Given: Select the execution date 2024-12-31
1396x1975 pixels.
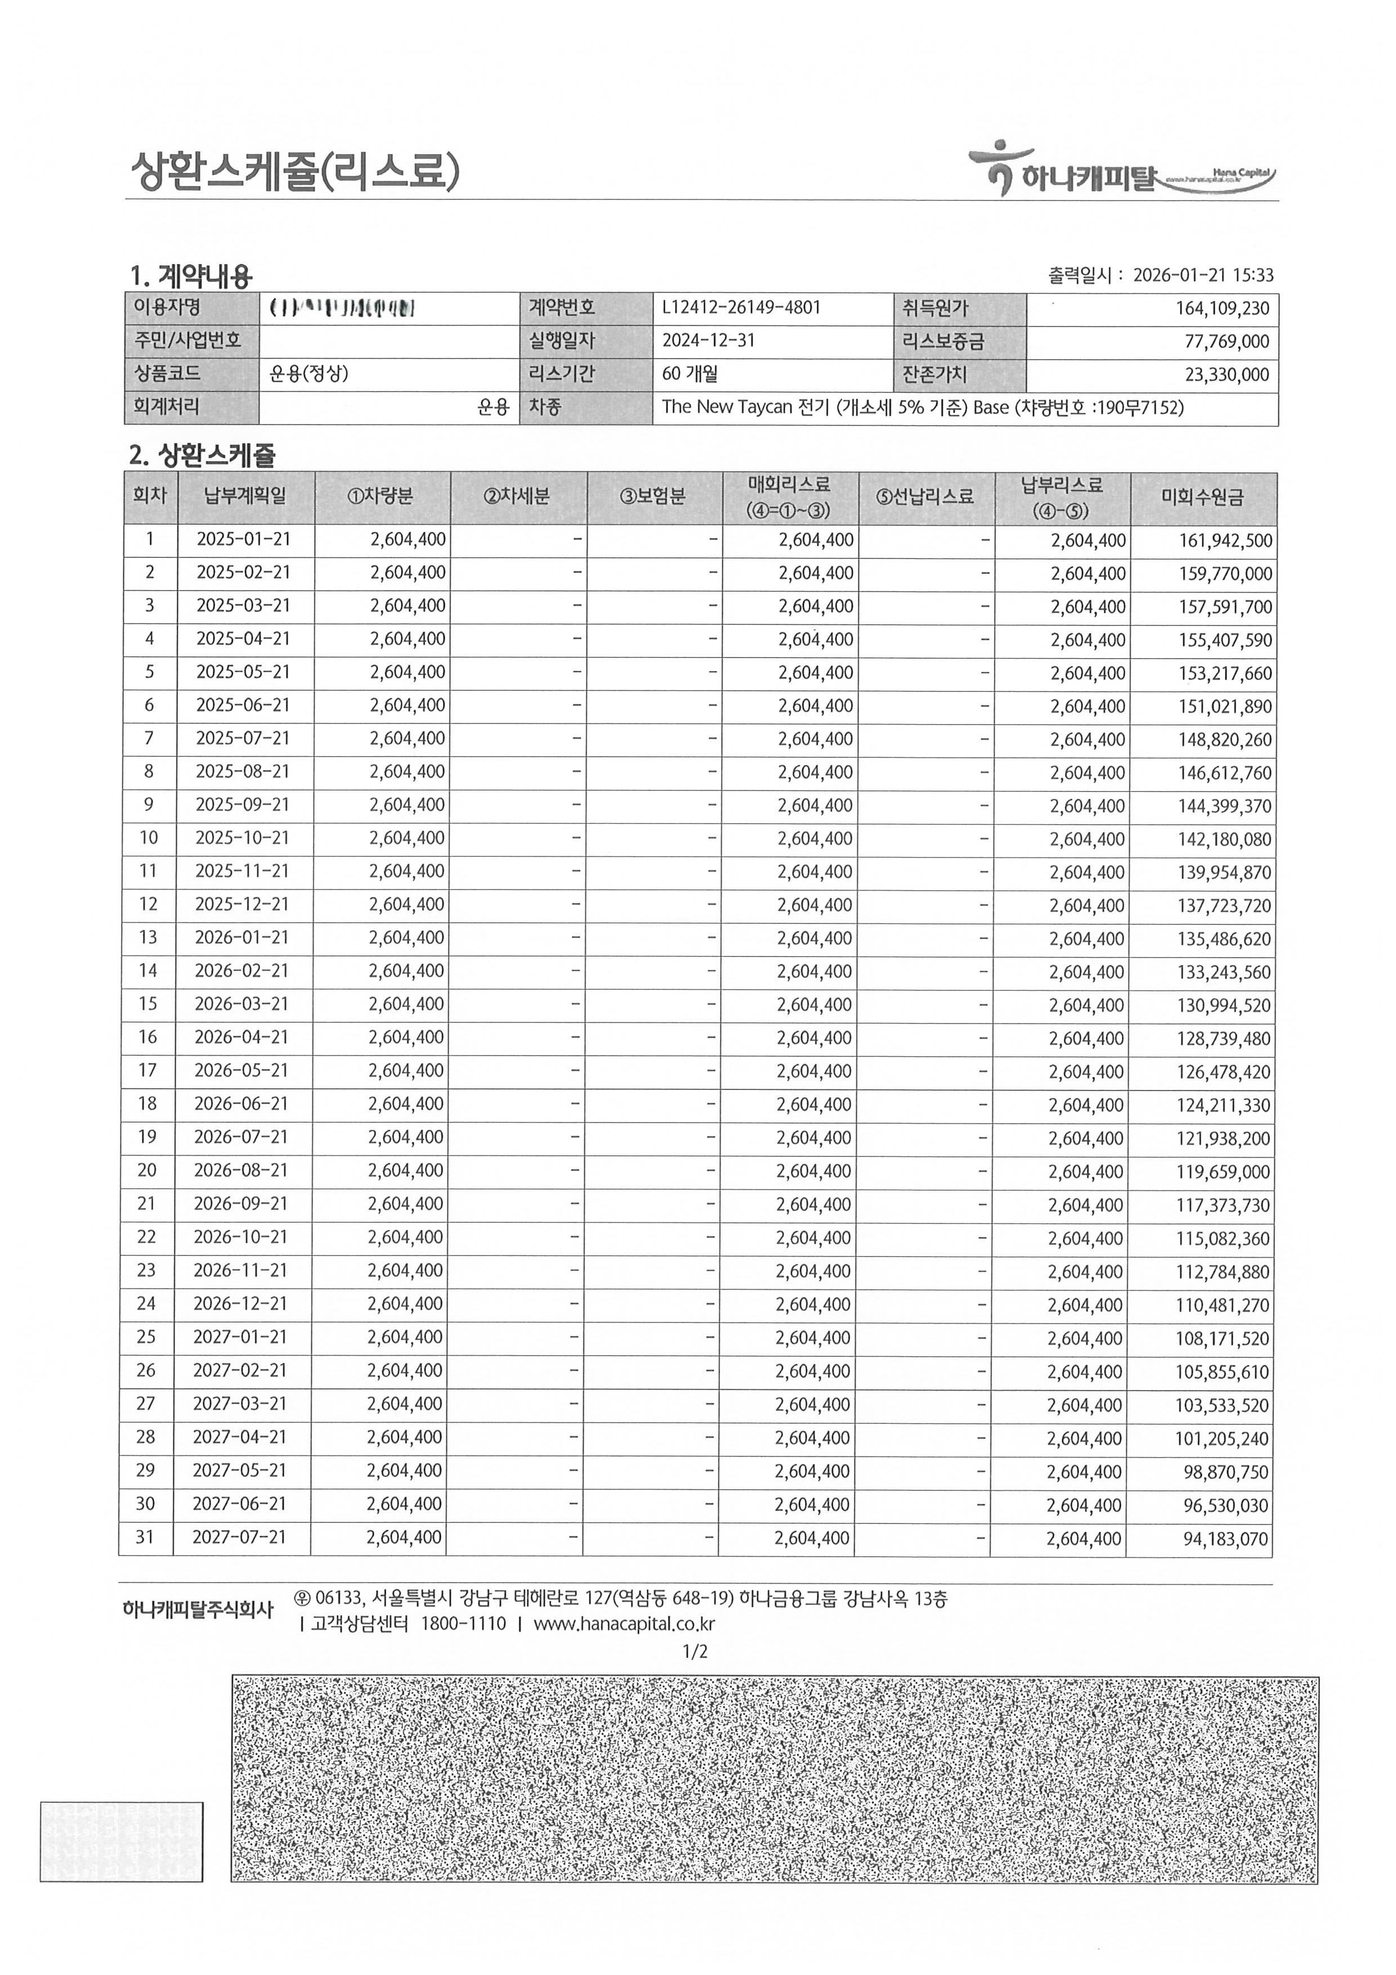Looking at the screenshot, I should [708, 341].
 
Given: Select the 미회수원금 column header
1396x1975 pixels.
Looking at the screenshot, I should [1202, 497].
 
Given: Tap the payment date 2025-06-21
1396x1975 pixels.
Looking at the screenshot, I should [243, 705].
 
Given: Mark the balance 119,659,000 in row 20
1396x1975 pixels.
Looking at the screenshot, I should [1222, 1172].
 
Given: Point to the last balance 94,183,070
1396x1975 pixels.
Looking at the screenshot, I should [1225, 1539].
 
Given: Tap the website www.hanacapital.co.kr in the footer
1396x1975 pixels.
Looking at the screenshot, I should [624, 1624].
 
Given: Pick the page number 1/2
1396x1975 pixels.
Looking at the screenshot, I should [695, 1652].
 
